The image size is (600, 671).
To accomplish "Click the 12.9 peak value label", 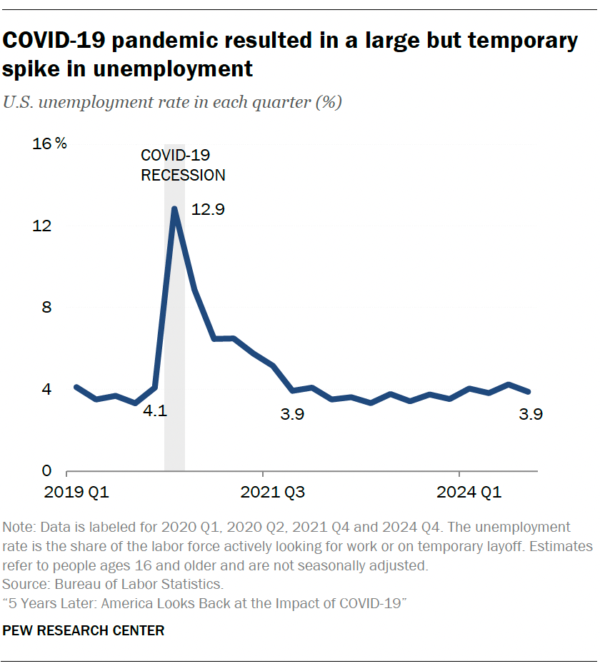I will [x=209, y=210].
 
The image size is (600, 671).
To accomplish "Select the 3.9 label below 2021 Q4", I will [x=292, y=414].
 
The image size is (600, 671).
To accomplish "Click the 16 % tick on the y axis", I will [x=49, y=144].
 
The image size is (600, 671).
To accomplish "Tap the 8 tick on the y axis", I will [x=47, y=308].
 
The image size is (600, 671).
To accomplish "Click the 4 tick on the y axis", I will [x=47, y=390].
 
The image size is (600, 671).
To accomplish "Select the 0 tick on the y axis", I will [x=47, y=471].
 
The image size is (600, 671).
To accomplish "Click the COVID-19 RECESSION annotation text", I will [x=183, y=165].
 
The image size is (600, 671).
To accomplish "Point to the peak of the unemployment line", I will [x=174, y=208].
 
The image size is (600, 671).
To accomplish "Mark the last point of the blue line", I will [x=528, y=391].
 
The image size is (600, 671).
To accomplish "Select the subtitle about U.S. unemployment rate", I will [x=172, y=102].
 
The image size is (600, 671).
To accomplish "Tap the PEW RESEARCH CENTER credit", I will [x=84, y=630].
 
